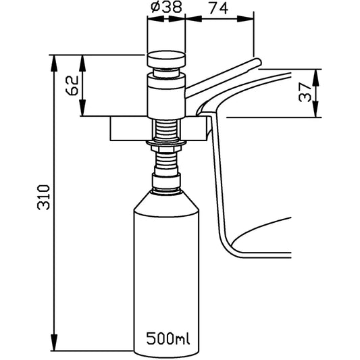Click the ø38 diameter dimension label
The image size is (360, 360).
(x=166, y=7)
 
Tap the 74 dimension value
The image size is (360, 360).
(x=219, y=9)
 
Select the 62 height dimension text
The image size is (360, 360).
(x=72, y=85)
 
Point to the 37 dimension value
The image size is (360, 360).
(x=305, y=93)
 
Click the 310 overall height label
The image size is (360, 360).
(x=43, y=197)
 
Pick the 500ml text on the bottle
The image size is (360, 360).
(x=168, y=338)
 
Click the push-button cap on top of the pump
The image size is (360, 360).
(x=166, y=59)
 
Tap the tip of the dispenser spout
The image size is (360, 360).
(x=259, y=62)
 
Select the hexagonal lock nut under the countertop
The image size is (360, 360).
(x=166, y=149)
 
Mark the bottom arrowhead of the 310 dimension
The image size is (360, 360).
(x=54, y=342)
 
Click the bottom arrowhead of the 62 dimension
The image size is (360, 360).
(x=82, y=108)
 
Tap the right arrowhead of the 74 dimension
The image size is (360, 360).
(x=245, y=19)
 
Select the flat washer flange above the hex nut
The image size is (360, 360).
(x=166, y=143)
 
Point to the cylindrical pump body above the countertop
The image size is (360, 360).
(x=166, y=96)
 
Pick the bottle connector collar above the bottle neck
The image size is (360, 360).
(x=166, y=181)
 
